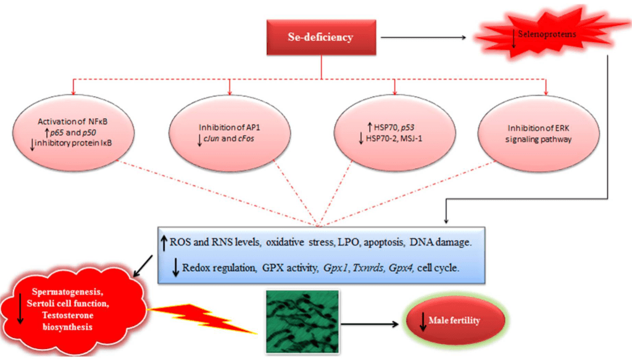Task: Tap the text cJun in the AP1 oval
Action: click(x=217, y=138)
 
